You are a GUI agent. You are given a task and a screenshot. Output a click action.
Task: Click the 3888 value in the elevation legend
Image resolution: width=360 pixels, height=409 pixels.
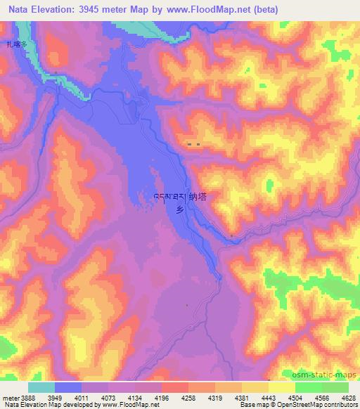pyautogui.click(x=29, y=397)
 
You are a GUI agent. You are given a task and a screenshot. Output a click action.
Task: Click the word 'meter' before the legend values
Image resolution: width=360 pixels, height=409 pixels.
pyautogui.click(x=11, y=397)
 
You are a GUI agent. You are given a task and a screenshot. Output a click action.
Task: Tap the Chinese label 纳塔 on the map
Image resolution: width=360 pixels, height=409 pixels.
pyautogui.click(x=198, y=197)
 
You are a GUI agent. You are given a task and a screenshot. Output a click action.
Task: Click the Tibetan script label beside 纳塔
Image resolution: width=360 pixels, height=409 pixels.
pyautogui.click(x=169, y=197)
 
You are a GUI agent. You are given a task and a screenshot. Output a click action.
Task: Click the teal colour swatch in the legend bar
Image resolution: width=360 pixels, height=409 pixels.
pyautogui.click(x=41, y=387)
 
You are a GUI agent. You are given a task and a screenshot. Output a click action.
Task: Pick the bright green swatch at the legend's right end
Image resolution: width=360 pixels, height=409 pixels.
pyautogui.click(x=335, y=387)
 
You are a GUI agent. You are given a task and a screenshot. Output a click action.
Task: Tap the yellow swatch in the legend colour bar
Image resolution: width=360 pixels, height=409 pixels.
pyautogui.click(x=282, y=387)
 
